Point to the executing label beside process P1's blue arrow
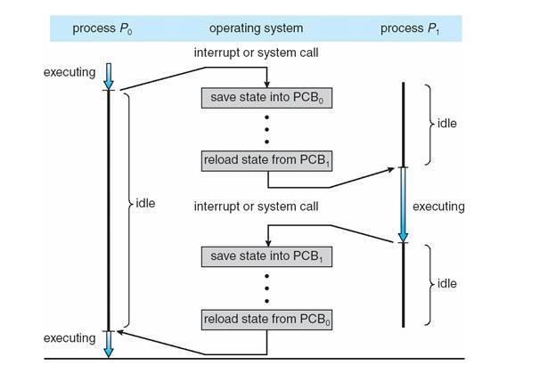coord(438,207)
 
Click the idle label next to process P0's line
coord(145,204)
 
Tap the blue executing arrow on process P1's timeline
coord(403,205)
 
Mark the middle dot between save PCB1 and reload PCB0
coord(267,287)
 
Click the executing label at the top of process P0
coord(69,71)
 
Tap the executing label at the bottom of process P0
coord(69,338)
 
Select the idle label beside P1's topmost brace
coord(446,123)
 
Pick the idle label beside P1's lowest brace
coord(446,283)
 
